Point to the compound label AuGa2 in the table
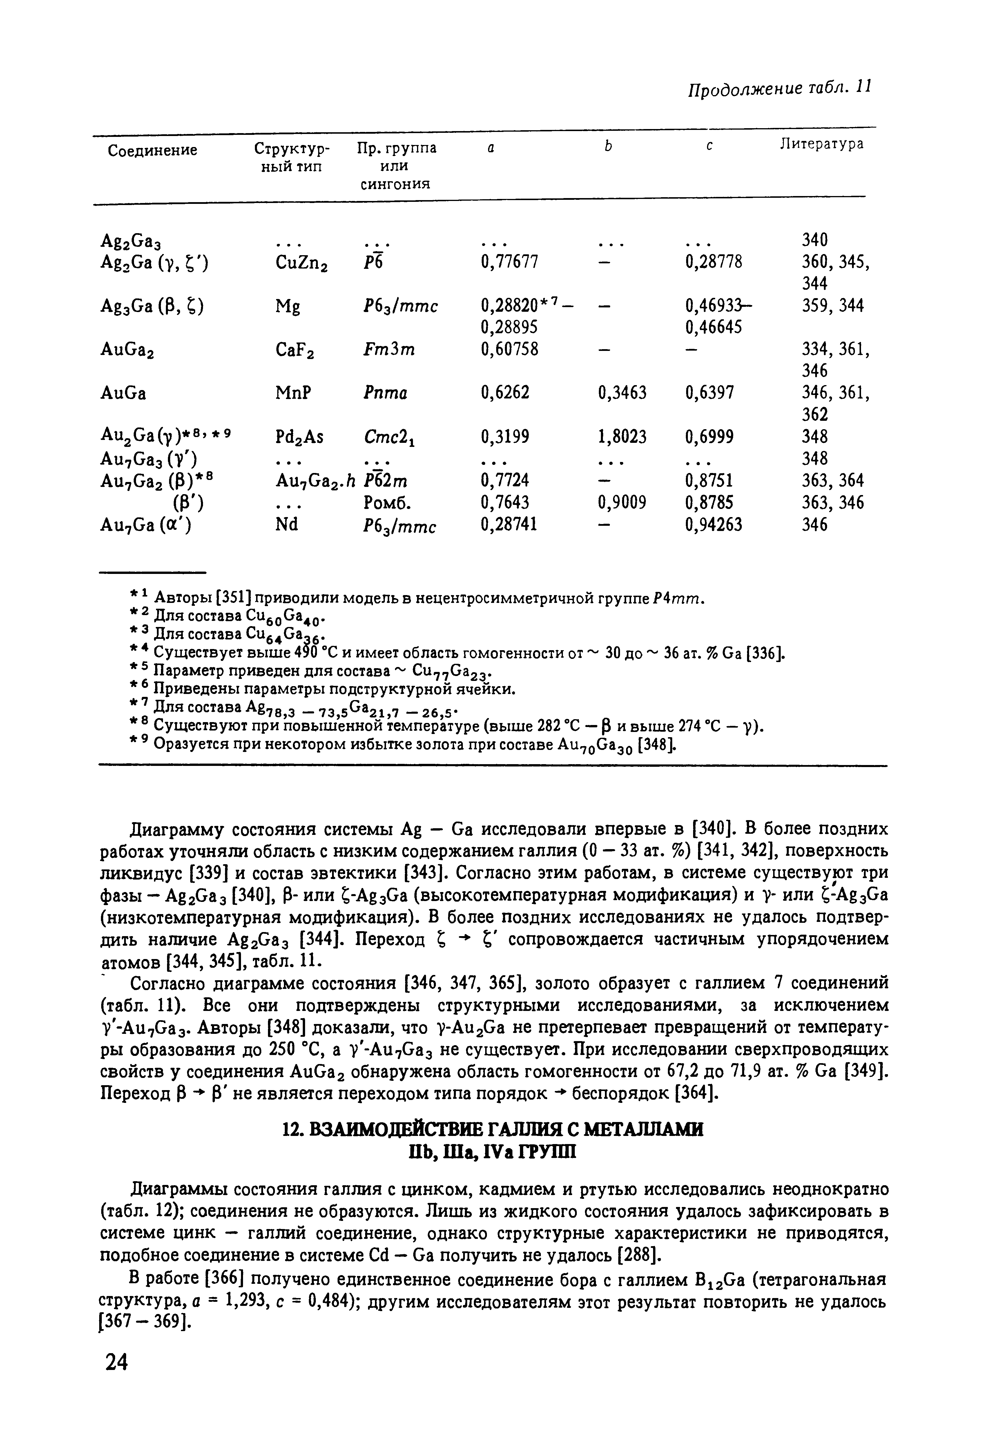click(128, 350)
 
